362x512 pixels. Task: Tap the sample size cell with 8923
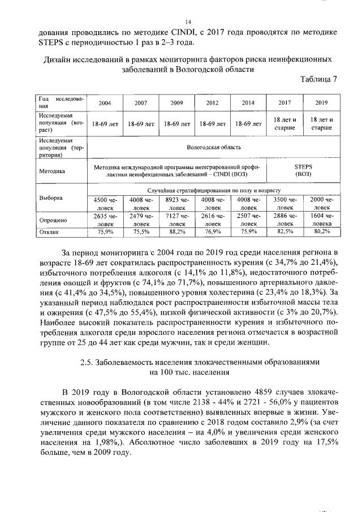[176, 203]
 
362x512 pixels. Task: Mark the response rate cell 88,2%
[176, 231]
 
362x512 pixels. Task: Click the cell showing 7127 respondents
[176, 220]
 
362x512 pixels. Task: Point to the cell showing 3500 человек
[285, 203]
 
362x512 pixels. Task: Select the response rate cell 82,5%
[285, 231]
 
